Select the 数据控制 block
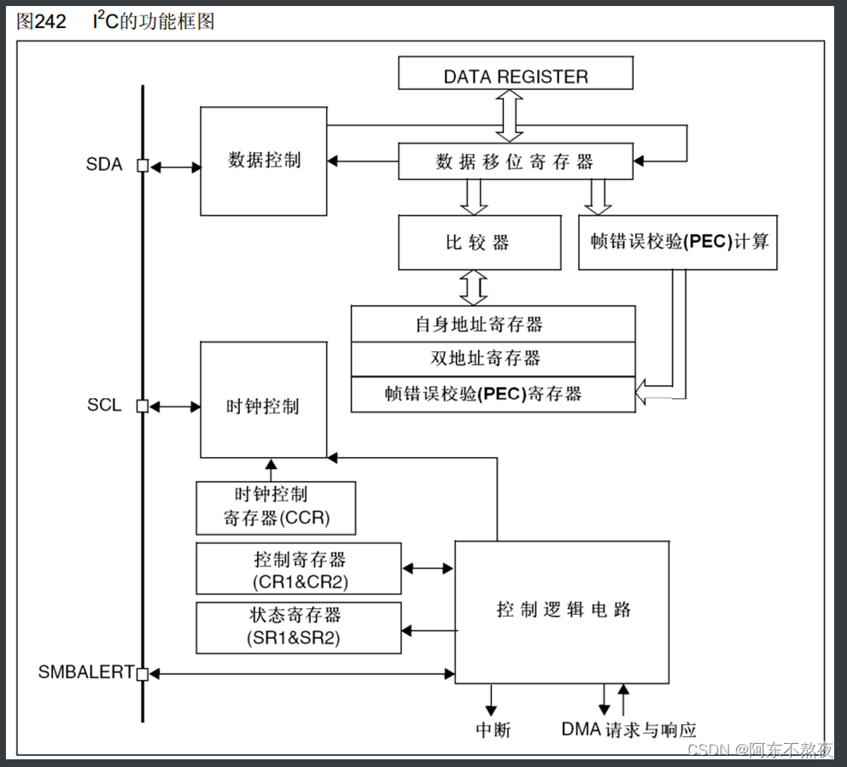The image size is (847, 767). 264,161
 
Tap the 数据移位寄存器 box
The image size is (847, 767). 516,161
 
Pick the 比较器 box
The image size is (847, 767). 479,243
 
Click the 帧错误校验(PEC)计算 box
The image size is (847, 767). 678,242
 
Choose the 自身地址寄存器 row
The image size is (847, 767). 493,325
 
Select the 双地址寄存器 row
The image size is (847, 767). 493,359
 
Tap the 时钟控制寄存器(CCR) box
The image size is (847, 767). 276,507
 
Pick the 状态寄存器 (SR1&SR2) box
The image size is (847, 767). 299,627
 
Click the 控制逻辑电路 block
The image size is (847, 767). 564,611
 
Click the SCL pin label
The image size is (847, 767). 104,406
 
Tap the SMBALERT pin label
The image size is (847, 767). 85,672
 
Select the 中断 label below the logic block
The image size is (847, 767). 493,729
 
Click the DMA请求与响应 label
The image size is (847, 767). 628,729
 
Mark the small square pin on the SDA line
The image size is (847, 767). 143,166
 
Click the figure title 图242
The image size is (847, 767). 41,21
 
